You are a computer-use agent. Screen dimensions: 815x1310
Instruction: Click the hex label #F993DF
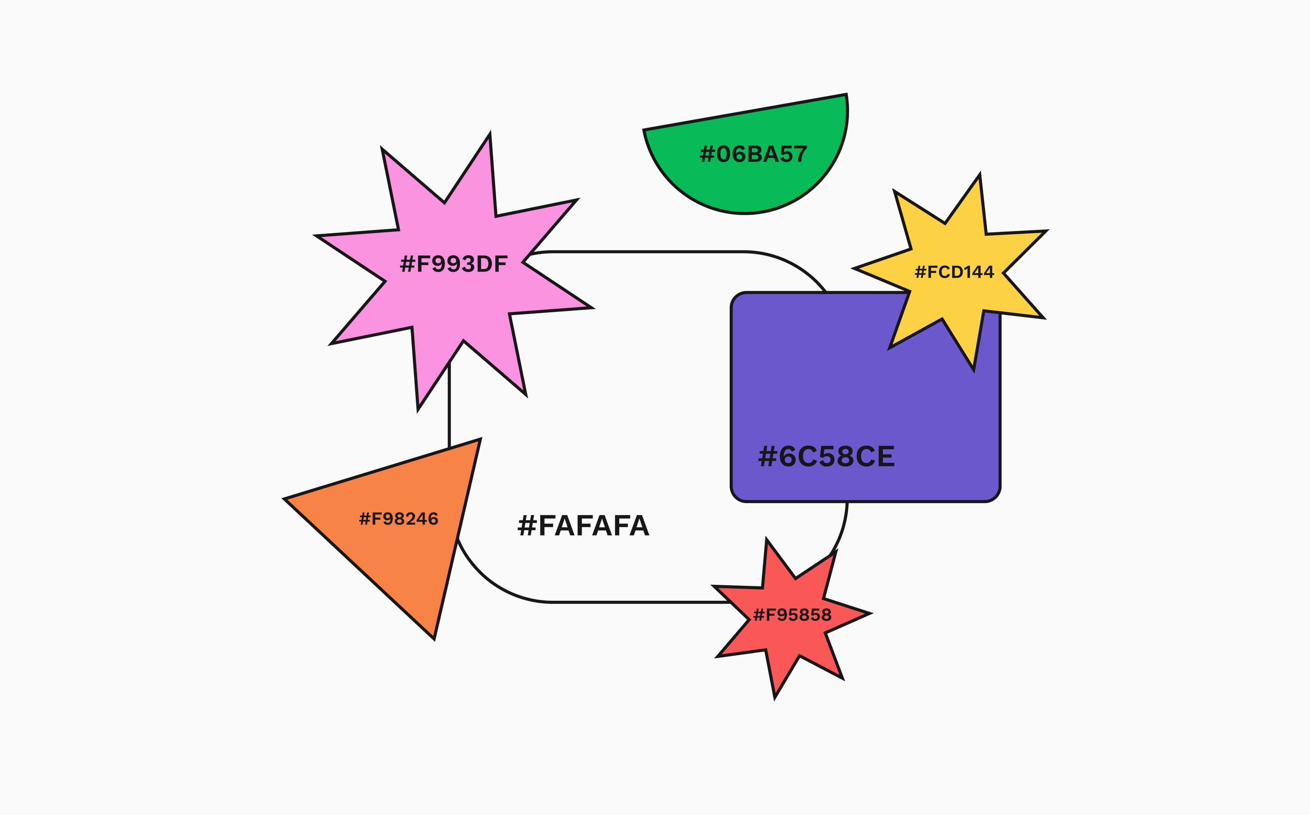(x=453, y=264)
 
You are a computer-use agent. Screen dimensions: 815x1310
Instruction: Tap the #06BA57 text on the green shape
(x=753, y=154)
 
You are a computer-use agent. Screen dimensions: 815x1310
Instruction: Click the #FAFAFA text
(x=583, y=526)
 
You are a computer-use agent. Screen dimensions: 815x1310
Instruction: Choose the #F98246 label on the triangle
(x=399, y=519)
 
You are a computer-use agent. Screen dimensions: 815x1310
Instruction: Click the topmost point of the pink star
(x=490, y=134)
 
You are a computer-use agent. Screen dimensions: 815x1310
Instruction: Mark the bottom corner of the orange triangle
(x=434, y=639)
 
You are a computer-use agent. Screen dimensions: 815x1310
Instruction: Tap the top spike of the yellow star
(x=979, y=175)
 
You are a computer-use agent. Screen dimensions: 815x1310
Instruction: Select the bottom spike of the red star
(x=775, y=697)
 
